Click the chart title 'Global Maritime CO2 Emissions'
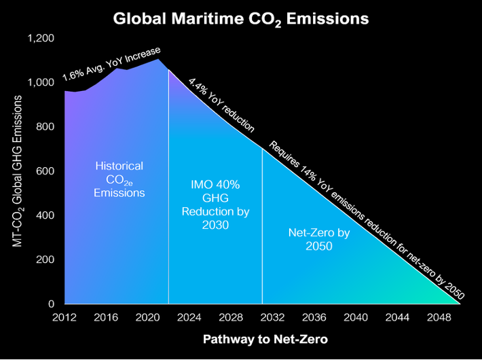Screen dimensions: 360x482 [x=241, y=18]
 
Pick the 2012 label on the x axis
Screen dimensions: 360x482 [x=64, y=317]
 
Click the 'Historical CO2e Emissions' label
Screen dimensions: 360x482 [x=119, y=179]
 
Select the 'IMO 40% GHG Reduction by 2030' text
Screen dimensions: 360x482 [x=215, y=204]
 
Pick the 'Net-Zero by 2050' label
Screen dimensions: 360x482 [x=310, y=239]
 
